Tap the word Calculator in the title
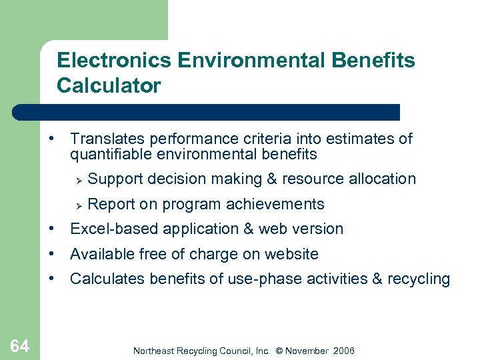coord(109,86)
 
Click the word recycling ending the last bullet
coord(419,279)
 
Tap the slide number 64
coord(19,345)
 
